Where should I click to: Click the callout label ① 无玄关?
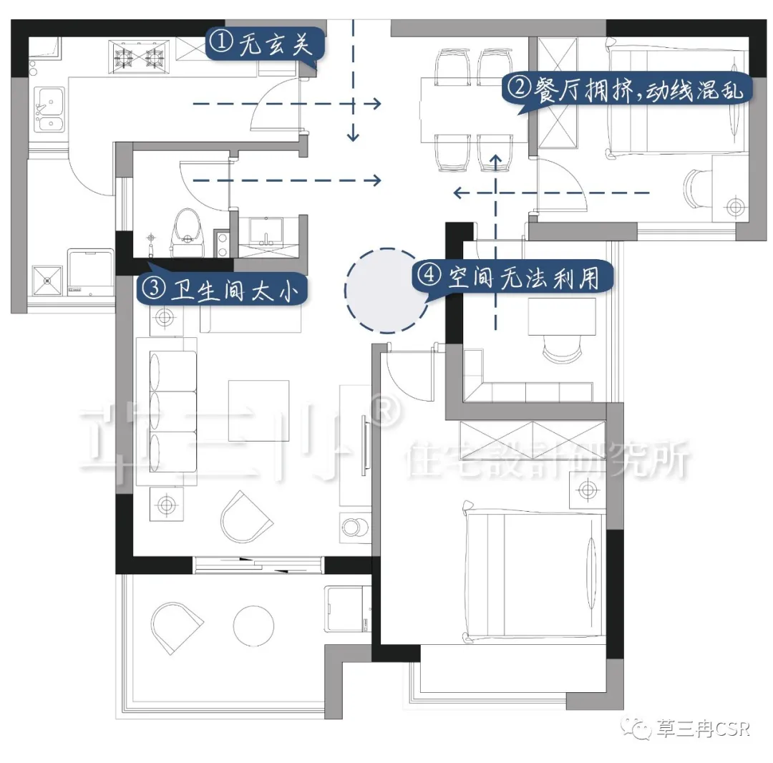pos(266,44)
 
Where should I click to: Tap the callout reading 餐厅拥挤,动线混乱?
pos(627,91)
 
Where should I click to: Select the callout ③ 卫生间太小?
pos(222,289)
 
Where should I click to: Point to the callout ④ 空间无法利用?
pos(512,277)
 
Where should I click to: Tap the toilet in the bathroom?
pos(188,233)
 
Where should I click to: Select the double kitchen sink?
pos(49,110)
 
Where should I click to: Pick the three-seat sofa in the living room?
pos(172,412)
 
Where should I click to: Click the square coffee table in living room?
pos(259,411)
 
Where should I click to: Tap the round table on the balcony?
pos(253,626)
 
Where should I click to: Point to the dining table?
pos(473,110)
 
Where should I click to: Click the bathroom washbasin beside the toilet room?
pos(266,232)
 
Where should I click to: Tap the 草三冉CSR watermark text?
pos(702,729)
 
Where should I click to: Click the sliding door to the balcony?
pos(258,565)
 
